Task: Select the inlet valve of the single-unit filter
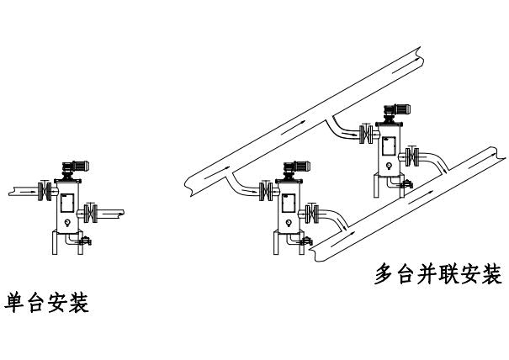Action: [45, 192]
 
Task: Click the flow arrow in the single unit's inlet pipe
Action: [26, 192]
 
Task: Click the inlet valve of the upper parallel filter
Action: [367, 133]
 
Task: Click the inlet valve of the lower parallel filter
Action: [268, 193]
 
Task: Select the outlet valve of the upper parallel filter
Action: [413, 156]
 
